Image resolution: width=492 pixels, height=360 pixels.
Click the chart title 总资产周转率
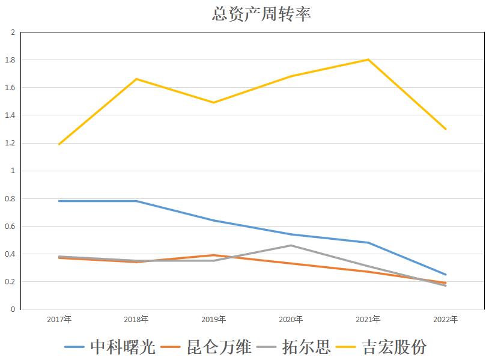[261, 14]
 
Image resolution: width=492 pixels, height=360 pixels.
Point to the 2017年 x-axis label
[59, 319]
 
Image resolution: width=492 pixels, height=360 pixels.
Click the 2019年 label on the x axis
[214, 319]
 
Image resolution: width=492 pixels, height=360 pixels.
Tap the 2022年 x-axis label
[445, 319]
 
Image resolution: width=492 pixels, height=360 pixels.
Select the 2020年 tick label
[291, 319]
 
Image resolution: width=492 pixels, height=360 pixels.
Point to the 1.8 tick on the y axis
[10, 60]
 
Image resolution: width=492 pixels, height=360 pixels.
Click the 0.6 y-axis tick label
[10, 227]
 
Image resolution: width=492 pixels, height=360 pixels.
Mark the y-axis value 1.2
[10, 144]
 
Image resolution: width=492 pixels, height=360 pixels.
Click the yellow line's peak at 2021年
[368, 59]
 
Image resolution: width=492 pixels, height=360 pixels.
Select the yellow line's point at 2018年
[136, 79]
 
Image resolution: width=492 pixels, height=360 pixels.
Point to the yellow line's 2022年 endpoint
[445, 129]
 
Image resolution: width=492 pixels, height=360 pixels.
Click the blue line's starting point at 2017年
[59, 201]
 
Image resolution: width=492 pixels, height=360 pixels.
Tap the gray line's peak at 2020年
[291, 245]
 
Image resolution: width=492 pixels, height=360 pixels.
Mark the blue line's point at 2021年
[368, 243]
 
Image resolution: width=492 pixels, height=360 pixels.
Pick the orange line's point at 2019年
[214, 255]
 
